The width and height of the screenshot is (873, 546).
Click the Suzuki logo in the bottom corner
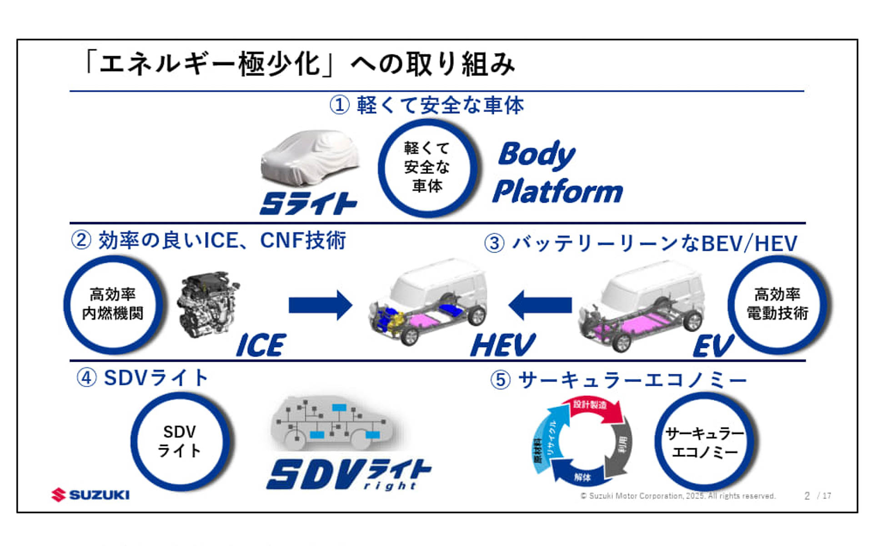(x=90, y=495)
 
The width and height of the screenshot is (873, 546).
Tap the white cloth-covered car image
(x=310, y=157)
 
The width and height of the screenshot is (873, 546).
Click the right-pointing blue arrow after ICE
(x=321, y=305)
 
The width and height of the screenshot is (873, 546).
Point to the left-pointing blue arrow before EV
(x=540, y=305)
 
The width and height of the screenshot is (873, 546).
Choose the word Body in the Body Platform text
(x=537, y=155)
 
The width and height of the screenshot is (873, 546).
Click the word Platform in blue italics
(x=558, y=191)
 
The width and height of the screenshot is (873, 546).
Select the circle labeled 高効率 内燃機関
(x=113, y=304)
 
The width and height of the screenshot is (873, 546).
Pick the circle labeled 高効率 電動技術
(x=777, y=304)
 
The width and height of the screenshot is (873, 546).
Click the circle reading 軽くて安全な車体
(x=427, y=167)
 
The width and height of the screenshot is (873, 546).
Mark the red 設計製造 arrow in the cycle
(x=593, y=406)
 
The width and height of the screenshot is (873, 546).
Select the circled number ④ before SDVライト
(x=86, y=378)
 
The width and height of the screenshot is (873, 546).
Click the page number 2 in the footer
(x=807, y=495)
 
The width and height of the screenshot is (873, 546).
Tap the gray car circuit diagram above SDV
(x=332, y=423)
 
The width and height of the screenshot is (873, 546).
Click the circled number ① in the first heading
(x=339, y=105)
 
